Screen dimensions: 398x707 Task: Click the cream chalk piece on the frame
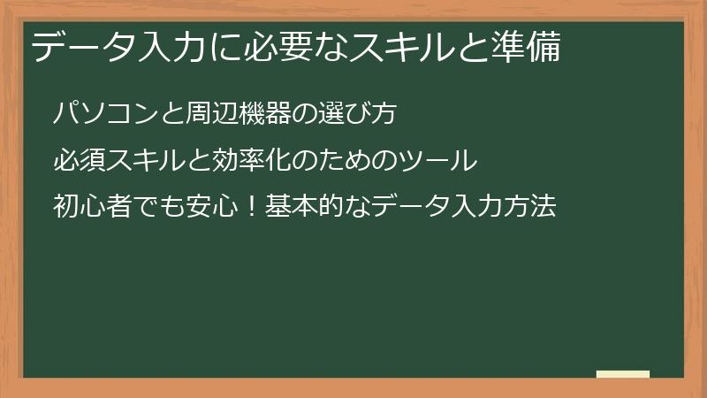click(x=624, y=375)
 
